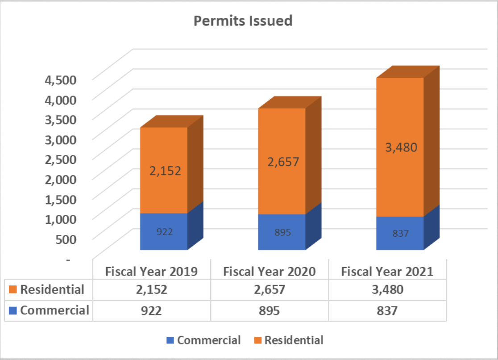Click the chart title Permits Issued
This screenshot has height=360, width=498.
point(243,21)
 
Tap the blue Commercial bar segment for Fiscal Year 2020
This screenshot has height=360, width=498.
point(282,232)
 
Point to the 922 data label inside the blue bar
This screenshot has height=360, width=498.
point(164,232)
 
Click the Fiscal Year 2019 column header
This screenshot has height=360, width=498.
point(151,272)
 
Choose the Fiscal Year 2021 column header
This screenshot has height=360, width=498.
point(387,272)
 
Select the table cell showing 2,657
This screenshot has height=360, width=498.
point(269,289)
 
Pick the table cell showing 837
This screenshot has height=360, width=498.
point(387,310)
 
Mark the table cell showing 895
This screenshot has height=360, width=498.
point(269,310)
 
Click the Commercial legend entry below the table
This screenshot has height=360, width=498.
point(203,340)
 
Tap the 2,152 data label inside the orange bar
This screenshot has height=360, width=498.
point(165,171)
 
